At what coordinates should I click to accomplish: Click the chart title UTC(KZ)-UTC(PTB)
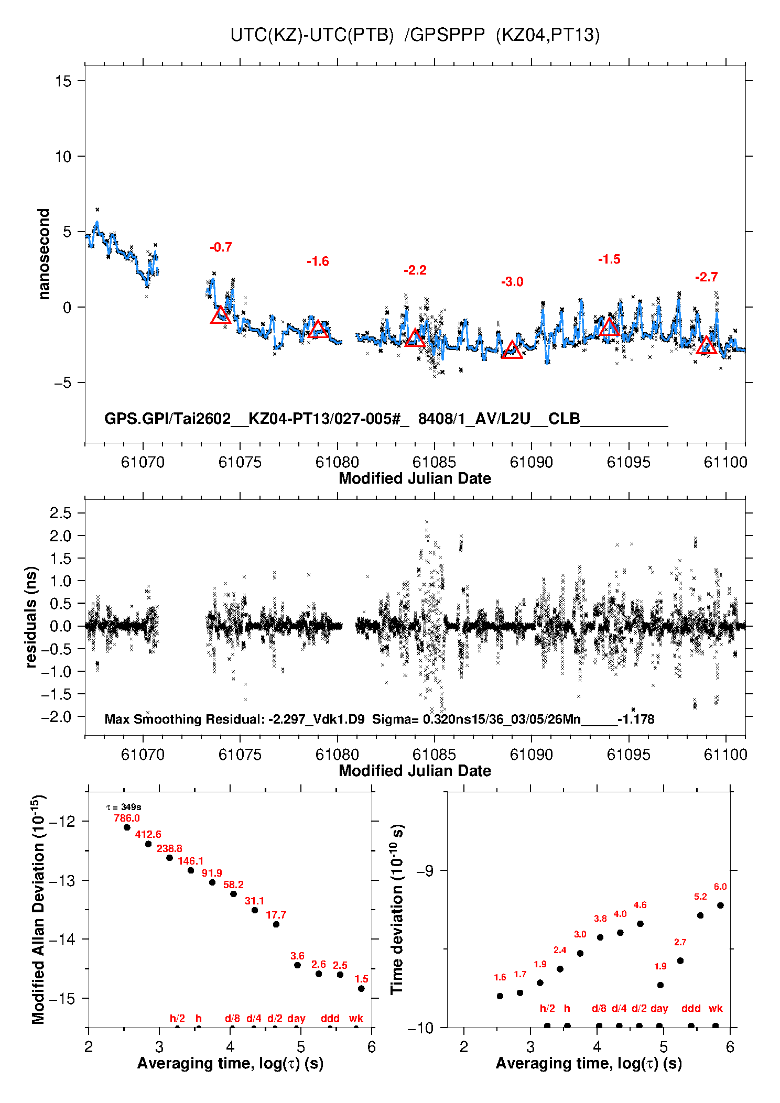[x=312, y=35]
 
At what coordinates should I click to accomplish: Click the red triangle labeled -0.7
[x=221, y=315]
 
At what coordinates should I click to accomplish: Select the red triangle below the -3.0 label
[x=512, y=350]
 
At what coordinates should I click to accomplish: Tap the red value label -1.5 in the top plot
[x=609, y=259]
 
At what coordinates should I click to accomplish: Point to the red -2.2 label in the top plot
[x=415, y=270]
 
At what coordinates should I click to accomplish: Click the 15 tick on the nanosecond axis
[x=63, y=81]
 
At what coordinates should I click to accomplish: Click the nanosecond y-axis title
[x=44, y=254]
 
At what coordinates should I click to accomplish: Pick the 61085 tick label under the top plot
[x=434, y=462]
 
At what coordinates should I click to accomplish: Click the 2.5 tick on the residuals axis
[x=61, y=513]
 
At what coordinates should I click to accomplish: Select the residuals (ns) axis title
[x=31, y=617]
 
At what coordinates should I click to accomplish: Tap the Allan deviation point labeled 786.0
[x=127, y=827]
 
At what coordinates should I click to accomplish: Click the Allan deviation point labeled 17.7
[x=276, y=924]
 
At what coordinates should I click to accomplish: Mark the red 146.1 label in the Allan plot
[x=191, y=861]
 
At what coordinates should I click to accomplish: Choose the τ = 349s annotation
[x=124, y=807]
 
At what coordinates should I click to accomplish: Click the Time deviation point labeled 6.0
[x=720, y=905]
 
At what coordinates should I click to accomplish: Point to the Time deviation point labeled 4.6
[x=640, y=924]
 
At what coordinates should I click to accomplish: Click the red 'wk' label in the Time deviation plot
[x=716, y=1008]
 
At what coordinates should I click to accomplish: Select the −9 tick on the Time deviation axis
[x=425, y=871]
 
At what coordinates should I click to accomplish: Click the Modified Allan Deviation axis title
[x=39, y=909]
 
